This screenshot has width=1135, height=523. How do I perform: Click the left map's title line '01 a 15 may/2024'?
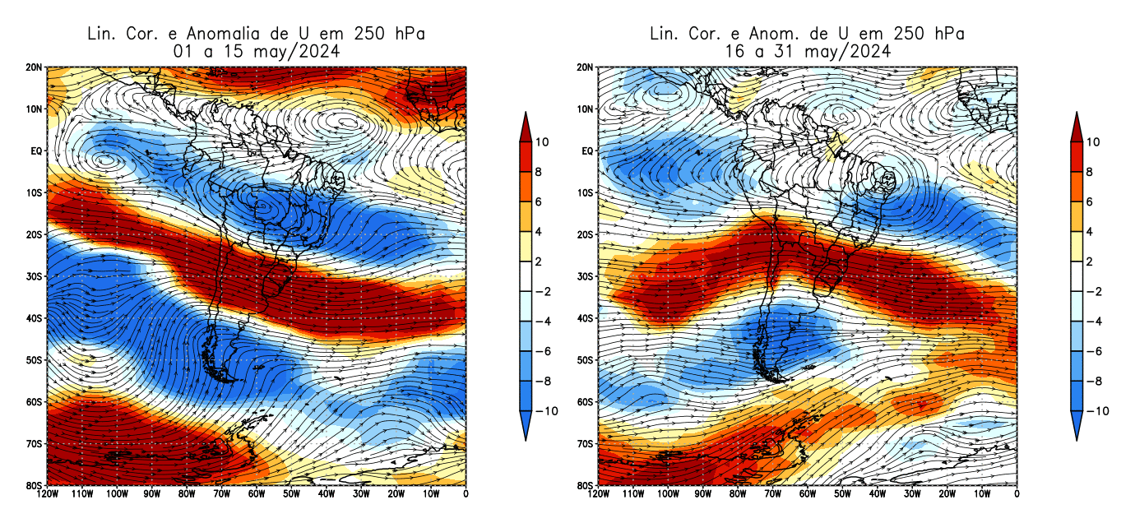click(256, 51)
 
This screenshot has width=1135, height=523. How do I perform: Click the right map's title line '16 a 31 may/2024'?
click(807, 51)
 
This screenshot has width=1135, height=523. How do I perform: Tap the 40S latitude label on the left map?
click(35, 318)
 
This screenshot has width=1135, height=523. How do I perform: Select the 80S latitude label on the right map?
click(586, 486)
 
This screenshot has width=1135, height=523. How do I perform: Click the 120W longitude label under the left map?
click(48, 494)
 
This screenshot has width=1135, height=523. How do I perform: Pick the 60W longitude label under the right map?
click(807, 494)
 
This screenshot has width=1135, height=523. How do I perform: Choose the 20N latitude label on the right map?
click(586, 67)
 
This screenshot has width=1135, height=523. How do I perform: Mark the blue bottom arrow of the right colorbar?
click(1077, 425)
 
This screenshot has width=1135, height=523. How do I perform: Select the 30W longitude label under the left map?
click(360, 494)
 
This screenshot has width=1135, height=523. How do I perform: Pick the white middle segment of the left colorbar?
click(526, 276)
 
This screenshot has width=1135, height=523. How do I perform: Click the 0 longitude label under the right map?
click(1017, 494)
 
